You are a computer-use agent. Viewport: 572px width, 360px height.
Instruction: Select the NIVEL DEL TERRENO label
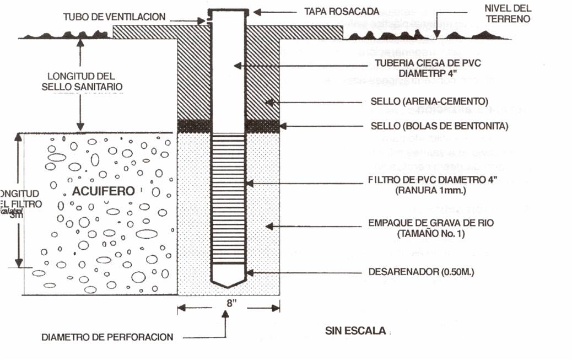pos(508,13)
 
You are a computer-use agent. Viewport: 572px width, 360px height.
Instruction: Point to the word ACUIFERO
pos(104,191)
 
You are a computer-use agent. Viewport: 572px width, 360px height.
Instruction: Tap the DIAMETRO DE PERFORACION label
pos(107,337)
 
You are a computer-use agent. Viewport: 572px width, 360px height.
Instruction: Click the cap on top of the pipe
pos(228,11)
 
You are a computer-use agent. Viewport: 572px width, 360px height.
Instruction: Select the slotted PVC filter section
pos(228,198)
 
